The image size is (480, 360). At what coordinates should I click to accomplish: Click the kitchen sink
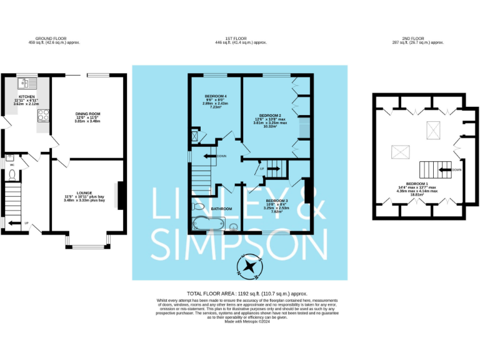click(x=26, y=82)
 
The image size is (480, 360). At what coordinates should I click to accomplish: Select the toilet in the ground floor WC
click(x=12, y=174)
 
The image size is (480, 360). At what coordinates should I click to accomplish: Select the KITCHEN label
click(x=26, y=96)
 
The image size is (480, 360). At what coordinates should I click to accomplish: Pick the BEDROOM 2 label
click(x=271, y=116)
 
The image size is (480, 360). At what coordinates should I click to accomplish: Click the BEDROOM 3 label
click(x=276, y=200)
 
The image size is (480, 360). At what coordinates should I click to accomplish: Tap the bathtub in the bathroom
click(x=207, y=223)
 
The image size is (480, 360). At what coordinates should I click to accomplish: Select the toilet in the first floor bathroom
click(x=199, y=206)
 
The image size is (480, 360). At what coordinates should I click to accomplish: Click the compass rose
click(x=250, y=266)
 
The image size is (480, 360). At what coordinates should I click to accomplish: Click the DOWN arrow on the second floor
click(x=455, y=169)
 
